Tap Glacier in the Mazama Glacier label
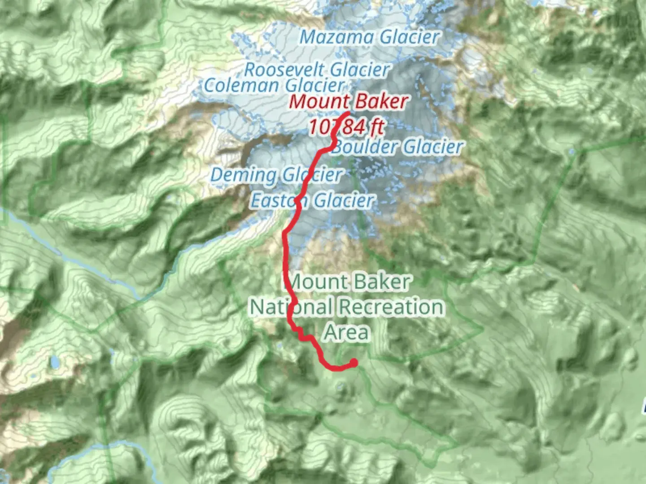tap(409, 37)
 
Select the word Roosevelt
tap(284, 69)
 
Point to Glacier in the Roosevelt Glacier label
tap(358, 69)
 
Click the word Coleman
tap(242, 85)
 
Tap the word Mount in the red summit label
tap(317, 102)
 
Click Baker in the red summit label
tap(381, 102)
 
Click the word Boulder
tap(365, 147)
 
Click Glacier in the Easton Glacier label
tap(343, 200)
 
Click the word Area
tap(347, 332)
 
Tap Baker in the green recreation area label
tap(379, 282)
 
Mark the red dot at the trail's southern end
tap(354, 363)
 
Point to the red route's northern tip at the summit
tap(348, 112)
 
